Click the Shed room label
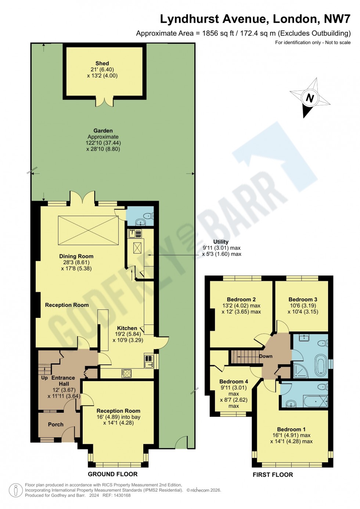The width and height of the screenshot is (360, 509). coord(102,64)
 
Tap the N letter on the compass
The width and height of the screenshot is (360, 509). coord(310,98)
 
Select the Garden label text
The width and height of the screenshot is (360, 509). coord(103,131)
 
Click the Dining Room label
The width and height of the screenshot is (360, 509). coord(76,257)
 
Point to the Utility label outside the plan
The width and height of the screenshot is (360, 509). coord(221,242)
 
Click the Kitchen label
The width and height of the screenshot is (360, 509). coord(127,328)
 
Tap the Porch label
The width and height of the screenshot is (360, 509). coord(55,424)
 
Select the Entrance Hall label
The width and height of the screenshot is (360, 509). coord(63,381)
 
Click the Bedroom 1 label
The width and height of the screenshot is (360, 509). coord(291,429)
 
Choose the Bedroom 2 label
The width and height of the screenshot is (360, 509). coord(241,300)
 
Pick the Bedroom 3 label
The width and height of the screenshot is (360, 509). coord(303,300)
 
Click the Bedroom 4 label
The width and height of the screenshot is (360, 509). coord(234,381)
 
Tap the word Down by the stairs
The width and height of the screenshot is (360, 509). coord(266,356)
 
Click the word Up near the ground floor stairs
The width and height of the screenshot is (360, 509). coord(44,378)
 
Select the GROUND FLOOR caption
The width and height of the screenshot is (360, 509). coord(112,474)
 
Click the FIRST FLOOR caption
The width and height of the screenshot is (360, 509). coord(273,475)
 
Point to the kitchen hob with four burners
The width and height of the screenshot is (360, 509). coord(126,373)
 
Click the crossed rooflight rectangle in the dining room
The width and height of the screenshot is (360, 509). coord(88,230)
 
